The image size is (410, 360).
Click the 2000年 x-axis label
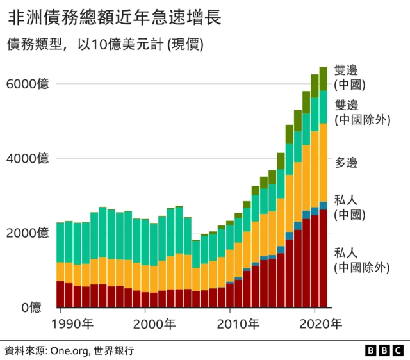point(153,323)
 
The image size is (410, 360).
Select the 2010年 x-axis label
point(238,323)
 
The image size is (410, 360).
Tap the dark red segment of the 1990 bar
point(60,294)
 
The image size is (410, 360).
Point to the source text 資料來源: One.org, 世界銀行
point(70,350)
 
